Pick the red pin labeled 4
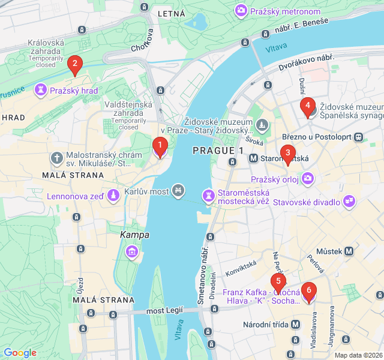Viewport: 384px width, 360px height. [308, 108]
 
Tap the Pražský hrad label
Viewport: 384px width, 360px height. [73, 91]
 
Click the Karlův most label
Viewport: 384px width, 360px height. [146, 192]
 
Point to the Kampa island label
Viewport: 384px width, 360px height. [134, 235]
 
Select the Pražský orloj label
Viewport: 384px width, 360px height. [275, 179]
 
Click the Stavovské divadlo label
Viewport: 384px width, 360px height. [307, 202]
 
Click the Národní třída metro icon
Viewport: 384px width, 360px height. [295, 324]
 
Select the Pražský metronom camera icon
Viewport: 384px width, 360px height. [241, 10]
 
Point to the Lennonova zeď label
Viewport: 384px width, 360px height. [74, 196]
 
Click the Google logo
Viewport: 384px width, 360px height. [20, 353]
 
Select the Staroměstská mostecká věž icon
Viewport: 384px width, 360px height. [208, 196]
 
